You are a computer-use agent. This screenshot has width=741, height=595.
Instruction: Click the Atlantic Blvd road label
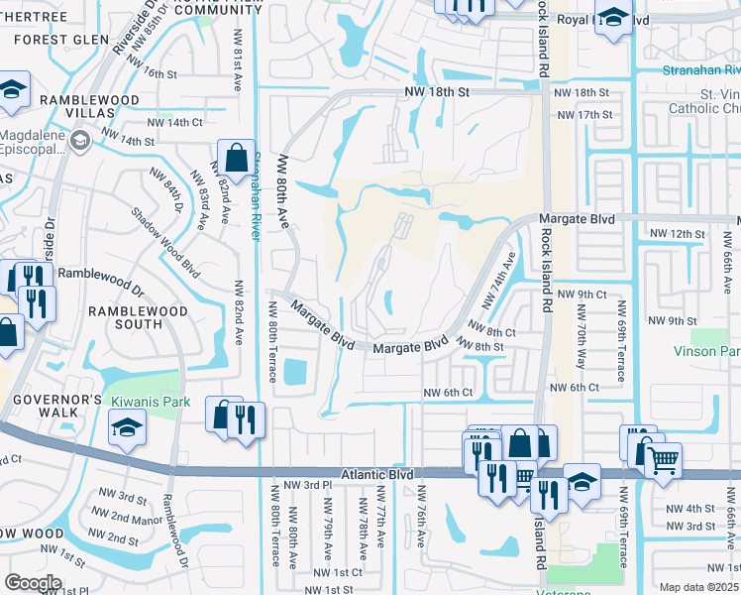click(x=376, y=475)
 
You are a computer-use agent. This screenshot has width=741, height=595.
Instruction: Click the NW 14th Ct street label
click(x=175, y=122)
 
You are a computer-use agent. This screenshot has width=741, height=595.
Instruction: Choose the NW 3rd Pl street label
click(x=306, y=485)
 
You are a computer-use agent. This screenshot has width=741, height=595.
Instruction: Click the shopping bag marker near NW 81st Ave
click(x=237, y=157)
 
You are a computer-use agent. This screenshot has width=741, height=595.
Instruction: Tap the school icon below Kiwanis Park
click(x=127, y=428)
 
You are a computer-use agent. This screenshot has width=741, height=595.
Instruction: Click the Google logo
click(x=33, y=583)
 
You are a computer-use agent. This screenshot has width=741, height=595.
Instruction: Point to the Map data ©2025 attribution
click(x=698, y=587)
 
